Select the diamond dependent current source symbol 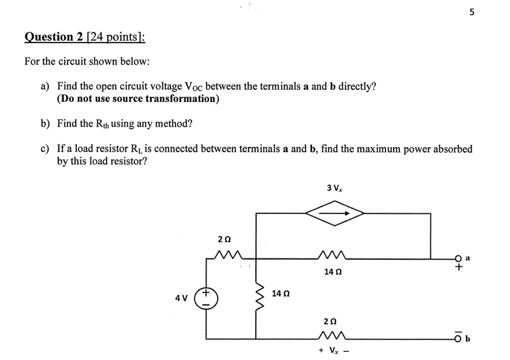coord(334,213)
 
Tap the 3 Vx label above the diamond coord(334,188)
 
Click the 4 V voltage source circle coord(206,298)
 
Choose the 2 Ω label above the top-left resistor coord(223,239)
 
